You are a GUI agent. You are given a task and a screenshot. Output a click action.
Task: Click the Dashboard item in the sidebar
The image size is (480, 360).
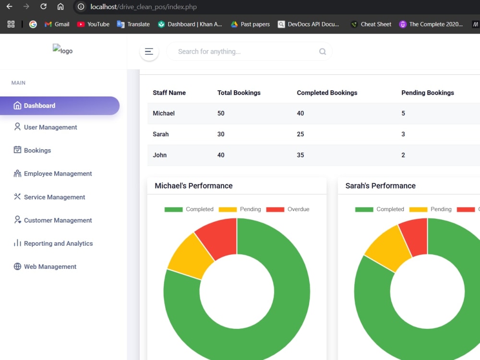click(60, 106)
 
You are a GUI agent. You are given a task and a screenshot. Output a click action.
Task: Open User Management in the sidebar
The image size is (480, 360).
click(45, 127)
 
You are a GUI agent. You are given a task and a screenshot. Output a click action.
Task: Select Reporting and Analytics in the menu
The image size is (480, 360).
click(53, 243)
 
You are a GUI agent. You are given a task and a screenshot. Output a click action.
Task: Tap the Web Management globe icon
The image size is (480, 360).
click(17, 266)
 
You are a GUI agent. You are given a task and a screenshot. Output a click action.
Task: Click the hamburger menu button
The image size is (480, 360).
click(149, 51)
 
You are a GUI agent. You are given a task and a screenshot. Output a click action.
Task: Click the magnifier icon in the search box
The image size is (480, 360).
click(323, 51)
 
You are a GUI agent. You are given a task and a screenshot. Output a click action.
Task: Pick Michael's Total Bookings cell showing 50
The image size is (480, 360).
click(221, 113)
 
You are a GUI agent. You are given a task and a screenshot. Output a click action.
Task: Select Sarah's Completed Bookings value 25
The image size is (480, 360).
click(300, 134)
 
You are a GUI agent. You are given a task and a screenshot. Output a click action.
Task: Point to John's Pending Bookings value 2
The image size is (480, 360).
click(403, 155)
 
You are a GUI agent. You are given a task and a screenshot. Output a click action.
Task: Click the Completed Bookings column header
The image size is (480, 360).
click(327, 93)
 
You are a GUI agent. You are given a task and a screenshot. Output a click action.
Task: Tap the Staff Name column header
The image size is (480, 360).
click(169, 93)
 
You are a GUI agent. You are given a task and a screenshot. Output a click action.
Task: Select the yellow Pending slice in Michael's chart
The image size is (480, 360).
click(191, 256)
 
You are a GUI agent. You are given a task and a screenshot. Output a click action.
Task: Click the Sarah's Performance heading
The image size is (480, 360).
click(381, 186)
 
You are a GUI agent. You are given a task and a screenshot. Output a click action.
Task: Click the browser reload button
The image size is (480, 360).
click(44, 6)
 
